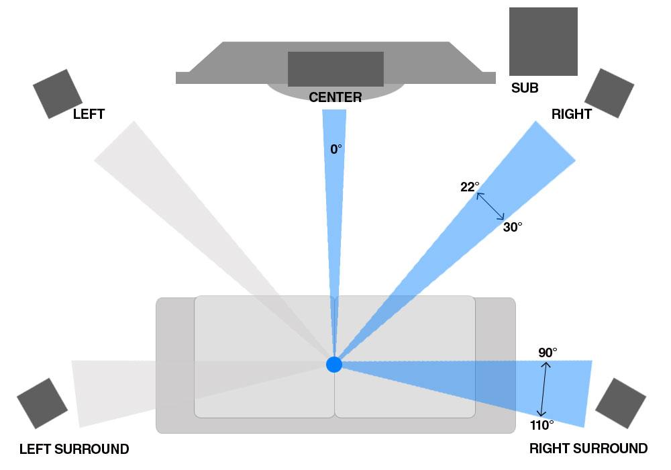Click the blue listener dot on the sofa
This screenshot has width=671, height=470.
coord(333,365)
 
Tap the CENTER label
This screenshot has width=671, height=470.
coord(335,97)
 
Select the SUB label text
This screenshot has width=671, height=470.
coord(525,88)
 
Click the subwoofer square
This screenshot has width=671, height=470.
coord(543,42)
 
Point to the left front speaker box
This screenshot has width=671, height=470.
coord(57,94)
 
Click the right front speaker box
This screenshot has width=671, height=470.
coord(609,93)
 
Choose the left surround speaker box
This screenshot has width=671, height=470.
coord(42,404)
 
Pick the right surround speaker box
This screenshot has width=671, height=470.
coord(621,404)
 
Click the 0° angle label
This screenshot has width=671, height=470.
coord(336,149)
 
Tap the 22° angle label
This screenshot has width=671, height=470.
coord(470,187)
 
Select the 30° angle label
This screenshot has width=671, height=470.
coord(512,227)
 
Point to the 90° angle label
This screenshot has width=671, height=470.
coord(548,352)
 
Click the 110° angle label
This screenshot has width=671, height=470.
coord(541,425)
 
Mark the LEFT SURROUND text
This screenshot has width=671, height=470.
coord(74,449)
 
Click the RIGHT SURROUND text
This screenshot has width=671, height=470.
coord(588,448)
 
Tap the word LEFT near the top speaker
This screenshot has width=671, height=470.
coord(89,114)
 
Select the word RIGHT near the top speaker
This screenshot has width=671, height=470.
coord(571,114)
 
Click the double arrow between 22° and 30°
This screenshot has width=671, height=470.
coord(491,206)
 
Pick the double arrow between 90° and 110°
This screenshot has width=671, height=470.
coord(544,389)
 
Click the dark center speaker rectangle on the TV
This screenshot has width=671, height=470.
coord(335,69)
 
